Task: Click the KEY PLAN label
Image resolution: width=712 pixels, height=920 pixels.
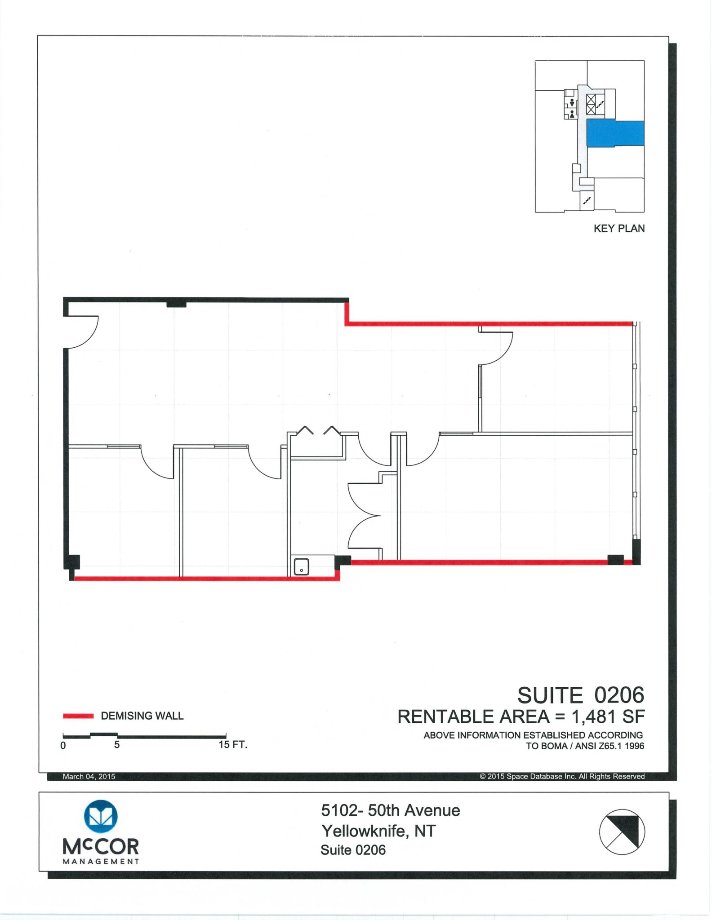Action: click(619, 228)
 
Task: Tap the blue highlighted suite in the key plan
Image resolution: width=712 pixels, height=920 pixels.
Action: click(615, 133)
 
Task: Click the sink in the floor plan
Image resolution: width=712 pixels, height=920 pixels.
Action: click(301, 566)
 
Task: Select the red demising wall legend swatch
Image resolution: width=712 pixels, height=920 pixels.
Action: click(78, 716)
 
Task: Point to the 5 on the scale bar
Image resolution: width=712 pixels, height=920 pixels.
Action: click(117, 745)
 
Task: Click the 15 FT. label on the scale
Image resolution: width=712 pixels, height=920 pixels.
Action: click(233, 744)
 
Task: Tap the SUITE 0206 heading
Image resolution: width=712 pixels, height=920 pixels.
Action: click(581, 695)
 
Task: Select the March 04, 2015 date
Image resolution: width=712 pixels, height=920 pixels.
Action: click(89, 777)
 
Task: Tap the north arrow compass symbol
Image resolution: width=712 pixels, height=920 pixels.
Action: click(622, 832)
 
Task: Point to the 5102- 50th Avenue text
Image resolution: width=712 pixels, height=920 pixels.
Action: click(391, 810)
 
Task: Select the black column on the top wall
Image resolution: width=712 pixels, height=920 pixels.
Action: click(176, 304)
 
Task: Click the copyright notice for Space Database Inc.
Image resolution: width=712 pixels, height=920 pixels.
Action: click(562, 777)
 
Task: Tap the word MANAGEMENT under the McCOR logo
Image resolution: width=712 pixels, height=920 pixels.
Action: click(101, 861)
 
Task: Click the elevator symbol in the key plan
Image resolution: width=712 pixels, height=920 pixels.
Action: click(591, 103)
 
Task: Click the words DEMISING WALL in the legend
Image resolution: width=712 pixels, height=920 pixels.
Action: click(142, 716)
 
